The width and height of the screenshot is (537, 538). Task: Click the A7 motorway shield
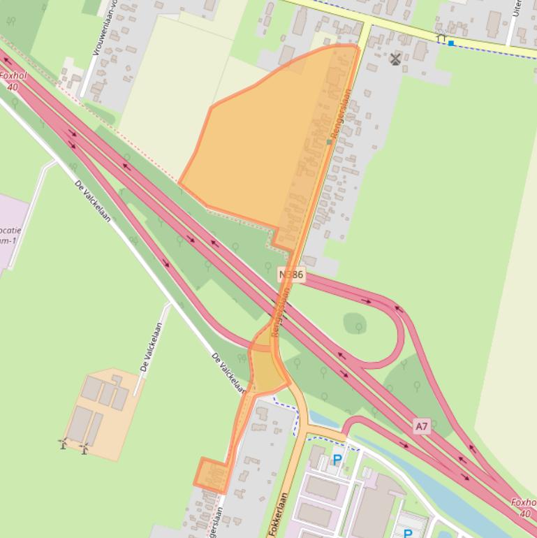[421, 426]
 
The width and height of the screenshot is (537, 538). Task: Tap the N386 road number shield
[291, 275]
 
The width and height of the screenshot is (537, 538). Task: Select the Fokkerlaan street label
[279, 514]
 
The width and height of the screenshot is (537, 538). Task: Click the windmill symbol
[396, 59]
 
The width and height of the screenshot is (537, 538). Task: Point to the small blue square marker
[451, 43]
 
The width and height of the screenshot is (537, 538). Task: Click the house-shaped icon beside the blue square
[441, 39]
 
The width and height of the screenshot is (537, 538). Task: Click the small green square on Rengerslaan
[329, 142]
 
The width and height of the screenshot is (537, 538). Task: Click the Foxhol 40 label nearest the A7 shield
[522, 507]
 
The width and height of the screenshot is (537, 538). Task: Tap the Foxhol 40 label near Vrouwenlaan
[12, 82]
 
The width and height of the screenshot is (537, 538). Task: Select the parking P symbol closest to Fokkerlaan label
[337, 459]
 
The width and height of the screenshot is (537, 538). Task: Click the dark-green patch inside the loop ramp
[355, 323]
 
